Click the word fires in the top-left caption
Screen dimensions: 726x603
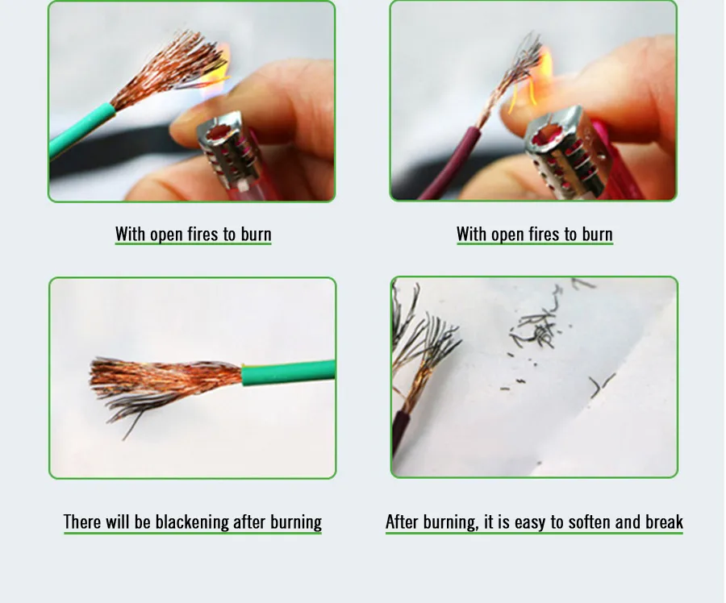coord(204,234)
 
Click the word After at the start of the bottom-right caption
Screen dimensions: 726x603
coord(403,522)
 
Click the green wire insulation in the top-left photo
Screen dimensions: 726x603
coord(81,131)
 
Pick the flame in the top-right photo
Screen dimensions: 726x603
coord(532,83)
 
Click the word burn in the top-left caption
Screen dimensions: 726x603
coord(256,234)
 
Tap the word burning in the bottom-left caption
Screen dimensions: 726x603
coord(296,522)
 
